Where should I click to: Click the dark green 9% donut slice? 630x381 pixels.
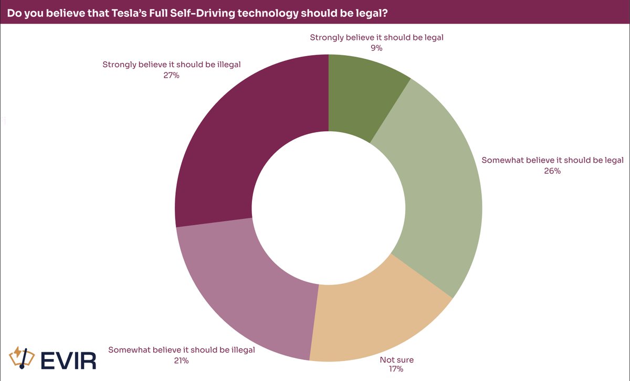tap(362, 94)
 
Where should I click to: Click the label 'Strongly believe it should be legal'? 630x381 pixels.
tap(381, 37)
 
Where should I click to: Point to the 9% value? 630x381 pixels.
tap(376, 48)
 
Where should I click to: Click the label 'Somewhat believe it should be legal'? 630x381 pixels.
tap(552, 160)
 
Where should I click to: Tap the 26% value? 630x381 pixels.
tap(552, 171)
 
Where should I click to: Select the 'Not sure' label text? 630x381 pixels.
tap(396, 359)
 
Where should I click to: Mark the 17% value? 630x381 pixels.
tap(396, 370)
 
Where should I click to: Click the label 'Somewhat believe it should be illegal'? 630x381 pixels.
tap(181, 350)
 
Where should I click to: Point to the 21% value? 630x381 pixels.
tap(182, 360)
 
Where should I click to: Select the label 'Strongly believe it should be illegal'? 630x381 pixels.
tap(171, 65)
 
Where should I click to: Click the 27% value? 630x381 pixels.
tap(171, 76)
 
